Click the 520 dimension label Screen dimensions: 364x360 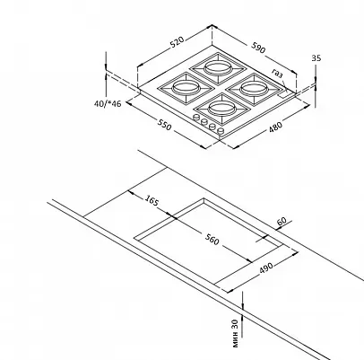[x=177, y=42]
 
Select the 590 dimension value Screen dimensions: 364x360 [x=258, y=48]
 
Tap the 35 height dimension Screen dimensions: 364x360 [x=316, y=58]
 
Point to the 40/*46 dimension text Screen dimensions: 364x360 [x=108, y=103]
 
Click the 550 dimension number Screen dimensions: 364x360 [x=165, y=125]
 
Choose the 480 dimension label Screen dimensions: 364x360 [x=275, y=127]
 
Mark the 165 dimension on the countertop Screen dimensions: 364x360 [x=152, y=200]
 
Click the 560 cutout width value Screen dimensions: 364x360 [x=212, y=240]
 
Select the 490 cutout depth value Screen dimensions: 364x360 [x=265, y=268]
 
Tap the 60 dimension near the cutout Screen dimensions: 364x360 [x=282, y=222]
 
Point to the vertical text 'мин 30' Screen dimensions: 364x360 [x=235, y=333]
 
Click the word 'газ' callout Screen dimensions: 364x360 [x=277, y=74]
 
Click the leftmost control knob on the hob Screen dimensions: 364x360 [x=196, y=118]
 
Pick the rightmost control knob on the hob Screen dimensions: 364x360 [x=221, y=131]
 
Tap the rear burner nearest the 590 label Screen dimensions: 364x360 [x=218, y=68]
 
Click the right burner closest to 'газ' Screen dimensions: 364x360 [x=254, y=89]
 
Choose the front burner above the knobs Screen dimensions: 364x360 [x=221, y=109]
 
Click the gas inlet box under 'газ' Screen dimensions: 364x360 [x=285, y=95]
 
